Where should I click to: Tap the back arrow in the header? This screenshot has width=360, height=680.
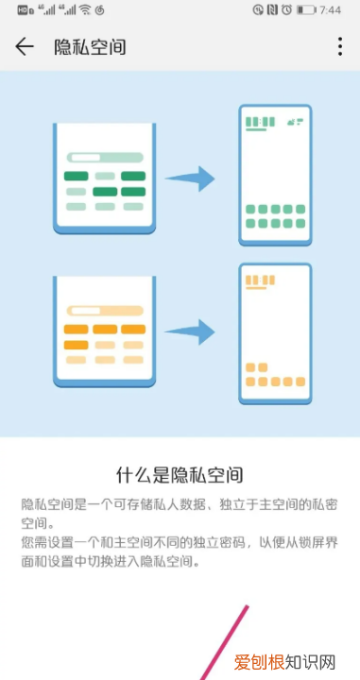(x=25, y=46)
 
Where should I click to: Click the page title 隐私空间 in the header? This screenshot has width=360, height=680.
(x=90, y=46)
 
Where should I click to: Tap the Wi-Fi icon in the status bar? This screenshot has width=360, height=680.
(x=85, y=9)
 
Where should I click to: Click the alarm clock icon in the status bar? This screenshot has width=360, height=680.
(x=285, y=9)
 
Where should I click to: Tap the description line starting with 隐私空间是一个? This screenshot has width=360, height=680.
(x=180, y=504)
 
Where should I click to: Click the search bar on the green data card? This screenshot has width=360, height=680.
(x=104, y=158)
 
